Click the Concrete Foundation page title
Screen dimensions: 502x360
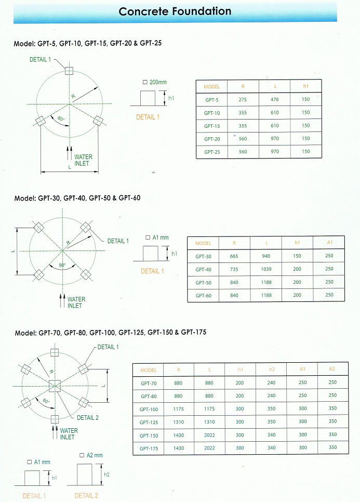pyautogui.click(x=175, y=11)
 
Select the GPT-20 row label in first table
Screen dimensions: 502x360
pyautogui.click(x=212, y=139)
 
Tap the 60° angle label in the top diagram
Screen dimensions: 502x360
pyautogui.click(x=61, y=120)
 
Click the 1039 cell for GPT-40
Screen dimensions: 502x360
pyautogui.click(x=265, y=269)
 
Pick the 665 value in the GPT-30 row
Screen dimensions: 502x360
pyautogui.click(x=234, y=256)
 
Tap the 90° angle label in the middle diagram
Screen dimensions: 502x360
pyautogui.click(x=62, y=265)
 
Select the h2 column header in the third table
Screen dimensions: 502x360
pyautogui.click(x=271, y=370)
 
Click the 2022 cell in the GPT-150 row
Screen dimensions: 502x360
pyautogui.click(x=209, y=435)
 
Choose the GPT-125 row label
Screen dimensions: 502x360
pyautogui.click(x=148, y=422)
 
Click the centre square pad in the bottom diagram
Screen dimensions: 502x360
pyautogui.click(x=55, y=386)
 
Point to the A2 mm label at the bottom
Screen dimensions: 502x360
pyautogui.click(x=91, y=455)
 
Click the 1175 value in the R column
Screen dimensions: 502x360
pyautogui.click(x=179, y=409)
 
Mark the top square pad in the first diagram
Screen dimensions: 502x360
pyautogui.click(x=69, y=71)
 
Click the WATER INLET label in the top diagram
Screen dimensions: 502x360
pyautogui.click(x=83, y=160)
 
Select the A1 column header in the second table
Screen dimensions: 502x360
pyautogui.click(x=329, y=243)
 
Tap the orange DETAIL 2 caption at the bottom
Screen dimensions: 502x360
pyautogui.click(x=86, y=496)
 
